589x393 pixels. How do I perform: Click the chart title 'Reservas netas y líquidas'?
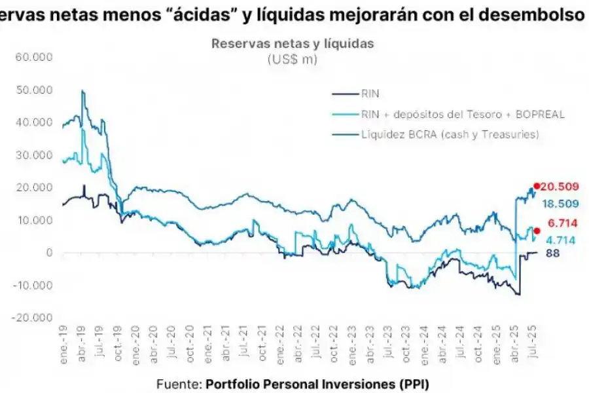pyautogui.click(x=292, y=44)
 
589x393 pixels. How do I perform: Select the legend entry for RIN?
pyautogui.click(x=370, y=94)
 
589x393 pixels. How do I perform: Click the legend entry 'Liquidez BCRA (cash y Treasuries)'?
pyautogui.click(x=450, y=134)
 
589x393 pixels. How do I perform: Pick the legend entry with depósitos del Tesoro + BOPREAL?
pyautogui.click(x=462, y=114)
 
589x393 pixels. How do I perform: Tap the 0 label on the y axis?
pyautogui.click(x=48, y=253)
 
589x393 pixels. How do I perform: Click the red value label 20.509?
pyautogui.click(x=562, y=186)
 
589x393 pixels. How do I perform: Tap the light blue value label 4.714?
pyautogui.click(x=561, y=240)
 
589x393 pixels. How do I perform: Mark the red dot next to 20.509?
pyautogui.click(x=537, y=186)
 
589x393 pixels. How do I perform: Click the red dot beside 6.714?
pyautogui.click(x=537, y=230)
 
